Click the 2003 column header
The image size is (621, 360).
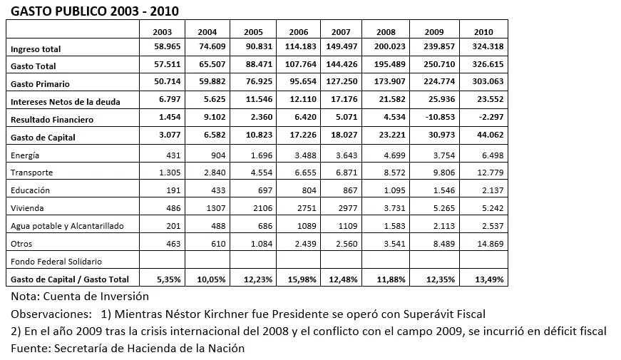coord(163,32)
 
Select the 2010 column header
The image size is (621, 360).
coord(483,32)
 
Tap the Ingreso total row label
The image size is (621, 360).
coord(36,49)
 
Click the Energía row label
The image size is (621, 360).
coord(26,155)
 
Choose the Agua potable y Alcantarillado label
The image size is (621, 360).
coord(67,226)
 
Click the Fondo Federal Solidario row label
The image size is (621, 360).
coord(56,262)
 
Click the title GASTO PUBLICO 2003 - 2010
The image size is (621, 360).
coord(95,11)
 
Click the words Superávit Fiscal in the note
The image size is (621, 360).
coord(450,314)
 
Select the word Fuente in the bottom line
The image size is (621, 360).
coord(29,349)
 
